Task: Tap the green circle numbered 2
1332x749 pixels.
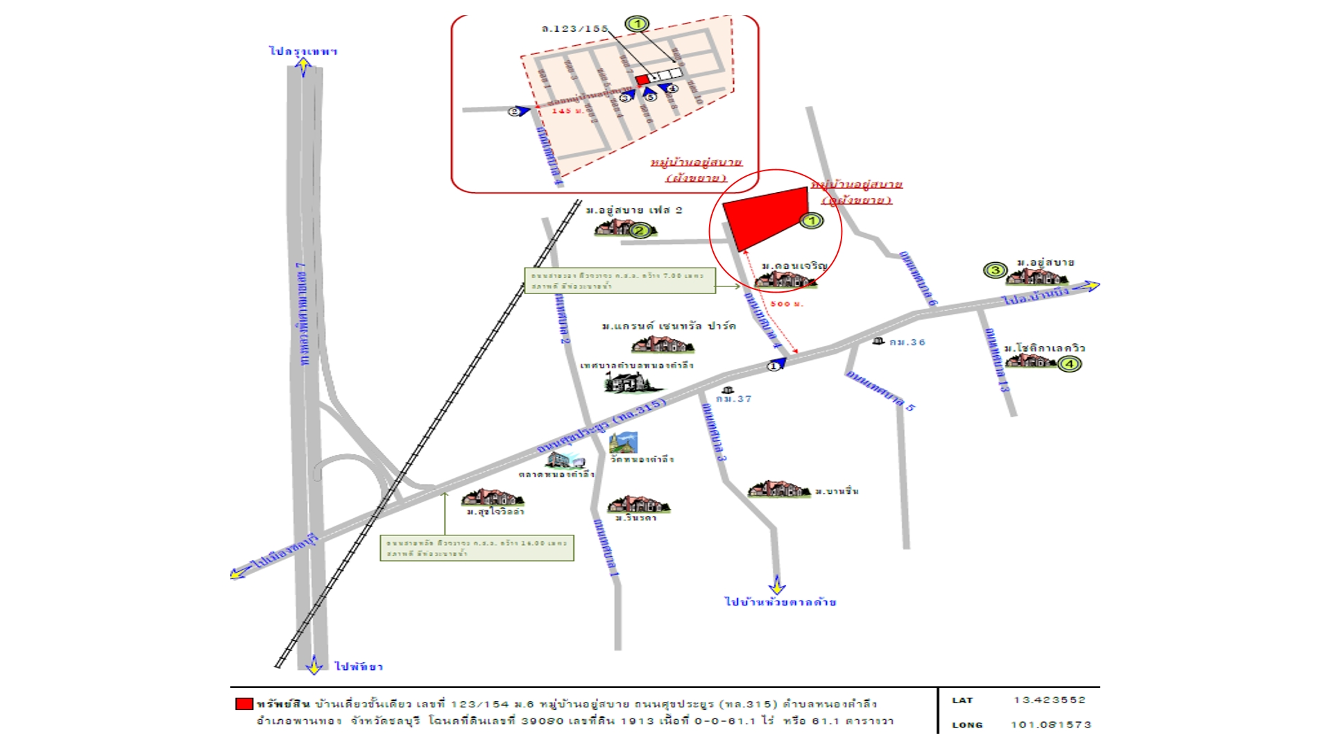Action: point(640,230)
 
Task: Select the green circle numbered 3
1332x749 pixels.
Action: point(995,270)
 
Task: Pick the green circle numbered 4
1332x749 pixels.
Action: point(1069,363)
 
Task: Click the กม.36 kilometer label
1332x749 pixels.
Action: point(907,342)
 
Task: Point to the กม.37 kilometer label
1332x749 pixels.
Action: point(734,399)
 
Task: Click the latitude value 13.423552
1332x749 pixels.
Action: point(1049,700)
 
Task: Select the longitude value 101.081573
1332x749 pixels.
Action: point(1050,725)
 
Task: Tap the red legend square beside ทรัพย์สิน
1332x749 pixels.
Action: point(244,704)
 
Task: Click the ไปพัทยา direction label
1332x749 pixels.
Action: point(359,666)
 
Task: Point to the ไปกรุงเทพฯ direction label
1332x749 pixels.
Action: point(303,51)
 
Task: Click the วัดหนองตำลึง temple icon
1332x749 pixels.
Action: point(623,442)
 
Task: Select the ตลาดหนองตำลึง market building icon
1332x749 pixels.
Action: point(565,460)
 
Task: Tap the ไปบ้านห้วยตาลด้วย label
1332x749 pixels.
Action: point(780,602)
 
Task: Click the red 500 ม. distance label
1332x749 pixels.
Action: point(787,304)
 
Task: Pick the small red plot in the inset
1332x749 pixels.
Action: point(642,80)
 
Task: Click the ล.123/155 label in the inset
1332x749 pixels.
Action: point(574,28)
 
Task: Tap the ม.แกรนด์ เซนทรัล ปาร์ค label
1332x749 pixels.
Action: point(669,326)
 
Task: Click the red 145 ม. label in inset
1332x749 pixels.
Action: point(568,111)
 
